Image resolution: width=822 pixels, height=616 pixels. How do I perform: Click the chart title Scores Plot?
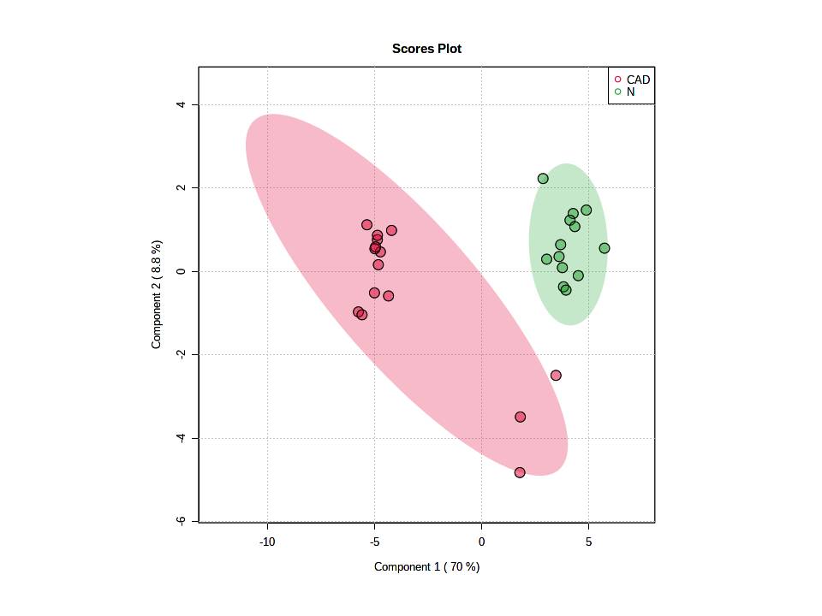tap(426, 49)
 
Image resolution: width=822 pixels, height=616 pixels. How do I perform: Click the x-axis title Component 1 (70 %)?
tap(426, 566)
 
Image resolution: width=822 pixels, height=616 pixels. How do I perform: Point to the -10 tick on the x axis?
tap(267, 542)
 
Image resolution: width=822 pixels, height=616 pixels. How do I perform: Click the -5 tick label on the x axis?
tap(374, 542)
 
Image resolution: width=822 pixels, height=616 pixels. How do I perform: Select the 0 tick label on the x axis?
tap(481, 542)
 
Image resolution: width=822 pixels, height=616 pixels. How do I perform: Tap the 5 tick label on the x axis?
tap(588, 542)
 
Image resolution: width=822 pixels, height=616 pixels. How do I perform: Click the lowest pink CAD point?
tap(520, 472)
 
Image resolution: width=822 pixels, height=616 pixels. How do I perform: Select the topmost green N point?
tap(543, 179)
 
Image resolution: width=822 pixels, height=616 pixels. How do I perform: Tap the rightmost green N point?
tap(605, 248)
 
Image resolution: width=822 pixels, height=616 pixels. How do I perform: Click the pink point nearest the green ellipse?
tap(556, 376)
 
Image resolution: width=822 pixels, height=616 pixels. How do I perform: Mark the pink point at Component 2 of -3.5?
tap(520, 418)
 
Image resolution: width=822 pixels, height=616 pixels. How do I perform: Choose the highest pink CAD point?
tap(367, 225)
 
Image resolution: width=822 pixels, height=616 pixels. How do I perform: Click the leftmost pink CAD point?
tap(358, 312)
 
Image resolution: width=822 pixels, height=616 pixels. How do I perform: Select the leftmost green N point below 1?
tap(546, 259)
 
